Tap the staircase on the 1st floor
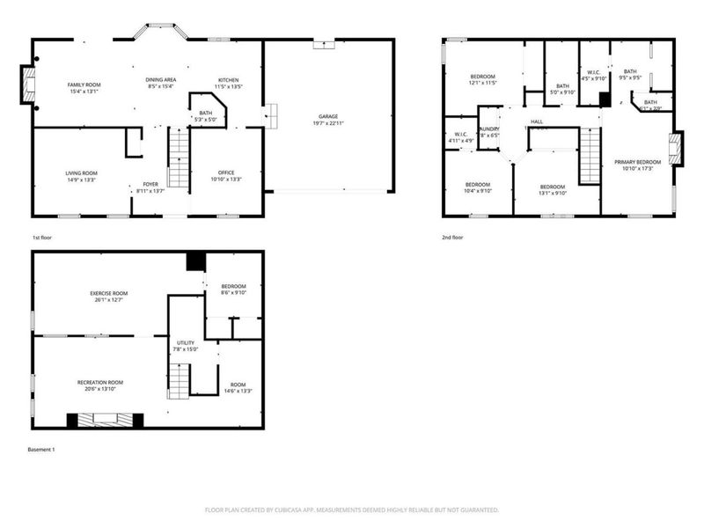179,158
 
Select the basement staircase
180,380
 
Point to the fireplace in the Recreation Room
106,421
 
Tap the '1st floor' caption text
41,238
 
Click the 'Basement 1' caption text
41,450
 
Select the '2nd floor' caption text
452,238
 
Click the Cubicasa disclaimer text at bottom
352,510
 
